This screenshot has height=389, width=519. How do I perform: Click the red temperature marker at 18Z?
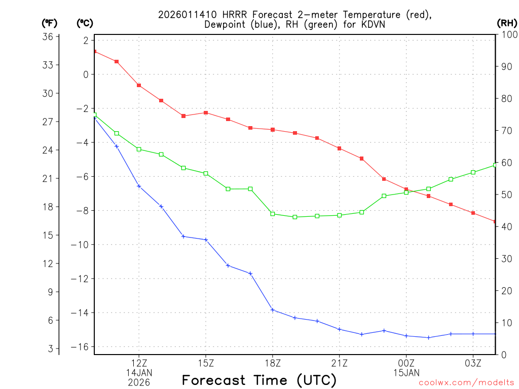[273, 130]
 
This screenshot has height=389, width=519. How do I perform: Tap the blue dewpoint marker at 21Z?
[340, 329]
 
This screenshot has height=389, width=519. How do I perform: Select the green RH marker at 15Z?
[206, 173]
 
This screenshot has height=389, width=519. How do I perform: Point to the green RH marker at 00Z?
[406, 192]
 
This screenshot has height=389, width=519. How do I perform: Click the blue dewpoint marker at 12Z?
[139, 186]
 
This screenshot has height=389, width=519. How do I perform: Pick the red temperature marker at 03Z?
[473, 213]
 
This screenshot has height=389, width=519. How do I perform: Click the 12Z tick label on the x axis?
[139, 363]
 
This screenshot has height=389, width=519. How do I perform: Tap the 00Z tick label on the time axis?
[406, 363]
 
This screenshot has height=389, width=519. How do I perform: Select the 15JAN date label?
[406, 373]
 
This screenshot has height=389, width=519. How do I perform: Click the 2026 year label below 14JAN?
[139, 382]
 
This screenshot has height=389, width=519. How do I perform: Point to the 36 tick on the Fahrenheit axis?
[49, 36]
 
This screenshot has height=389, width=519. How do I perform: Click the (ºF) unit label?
[49, 23]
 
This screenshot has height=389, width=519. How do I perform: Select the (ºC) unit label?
[85, 23]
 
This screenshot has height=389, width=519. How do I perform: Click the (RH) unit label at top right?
[507, 23]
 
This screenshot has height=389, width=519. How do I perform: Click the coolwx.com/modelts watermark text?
[466, 382]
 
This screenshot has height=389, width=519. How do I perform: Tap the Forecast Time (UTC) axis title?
[259, 380]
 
